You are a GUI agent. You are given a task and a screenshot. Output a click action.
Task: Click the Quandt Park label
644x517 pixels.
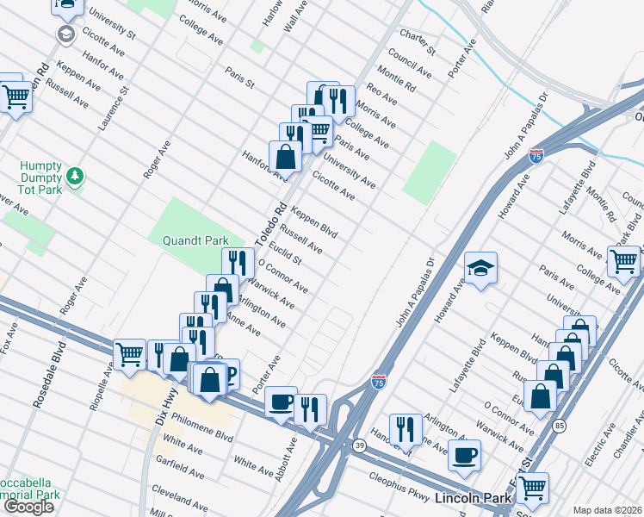(x=190, y=241)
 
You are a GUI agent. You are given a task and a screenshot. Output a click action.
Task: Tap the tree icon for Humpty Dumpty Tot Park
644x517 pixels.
(x=77, y=176)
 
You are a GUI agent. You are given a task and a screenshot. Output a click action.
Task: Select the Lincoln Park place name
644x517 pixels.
(x=473, y=498)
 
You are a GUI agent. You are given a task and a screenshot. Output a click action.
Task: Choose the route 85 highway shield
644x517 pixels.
(x=560, y=426)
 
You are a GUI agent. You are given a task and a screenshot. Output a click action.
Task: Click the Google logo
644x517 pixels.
(x=29, y=507)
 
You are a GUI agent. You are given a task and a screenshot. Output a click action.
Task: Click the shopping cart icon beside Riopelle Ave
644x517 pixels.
(x=130, y=352)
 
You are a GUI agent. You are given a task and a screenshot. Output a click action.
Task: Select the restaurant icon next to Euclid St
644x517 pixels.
(x=238, y=263)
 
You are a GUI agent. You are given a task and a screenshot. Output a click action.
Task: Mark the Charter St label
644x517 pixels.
(x=418, y=40)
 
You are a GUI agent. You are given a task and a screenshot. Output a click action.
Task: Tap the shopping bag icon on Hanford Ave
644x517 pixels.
(x=285, y=158)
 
